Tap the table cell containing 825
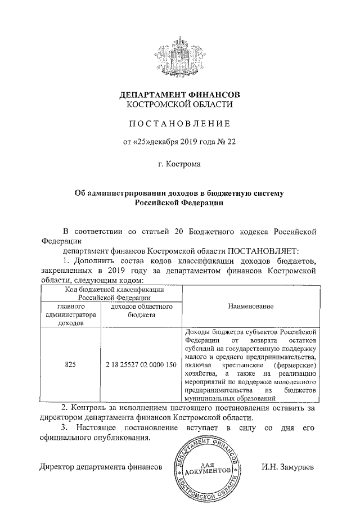point(70,364)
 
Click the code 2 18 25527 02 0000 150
point(141,364)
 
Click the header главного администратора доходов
point(70,315)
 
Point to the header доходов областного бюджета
point(141,310)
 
